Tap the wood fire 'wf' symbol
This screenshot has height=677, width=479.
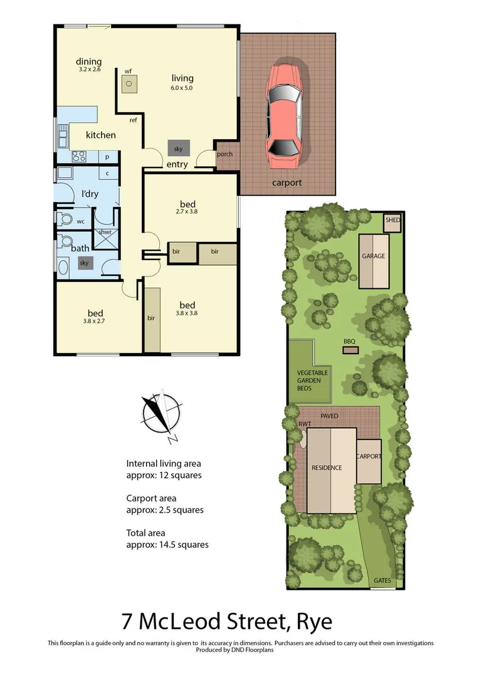coord(129,83)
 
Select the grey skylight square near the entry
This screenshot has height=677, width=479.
coord(178,149)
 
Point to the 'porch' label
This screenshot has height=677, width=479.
coord(224,154)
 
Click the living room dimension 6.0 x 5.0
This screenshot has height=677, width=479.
coord(182,88)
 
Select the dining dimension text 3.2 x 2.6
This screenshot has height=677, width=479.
coord(89,70)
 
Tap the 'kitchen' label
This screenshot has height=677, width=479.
coord(100,135)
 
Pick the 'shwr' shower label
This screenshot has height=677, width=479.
coord(103,233)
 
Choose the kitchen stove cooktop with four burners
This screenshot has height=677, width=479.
coord(78,157)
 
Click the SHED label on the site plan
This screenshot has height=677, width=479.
coord(392,221)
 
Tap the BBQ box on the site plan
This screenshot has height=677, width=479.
coord(349,349)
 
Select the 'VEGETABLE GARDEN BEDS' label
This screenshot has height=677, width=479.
coord(312,380)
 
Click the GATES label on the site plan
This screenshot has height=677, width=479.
coord(382,580)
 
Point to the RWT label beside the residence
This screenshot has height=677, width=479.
coord(305,424)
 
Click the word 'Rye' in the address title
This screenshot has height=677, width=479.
coord(312,622)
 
